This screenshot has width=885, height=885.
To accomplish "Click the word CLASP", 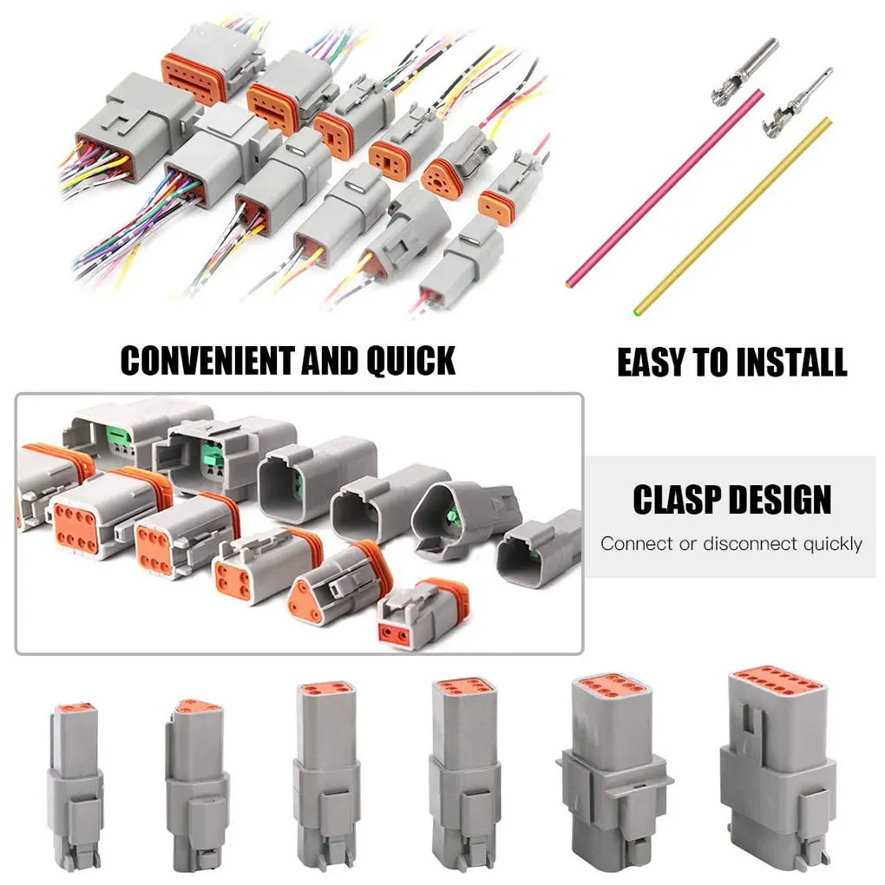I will click(x=679, y=500).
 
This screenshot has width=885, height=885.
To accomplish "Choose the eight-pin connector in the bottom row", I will click(x=616, y=764).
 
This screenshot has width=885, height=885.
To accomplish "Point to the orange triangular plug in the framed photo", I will click(x=325, y=590).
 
